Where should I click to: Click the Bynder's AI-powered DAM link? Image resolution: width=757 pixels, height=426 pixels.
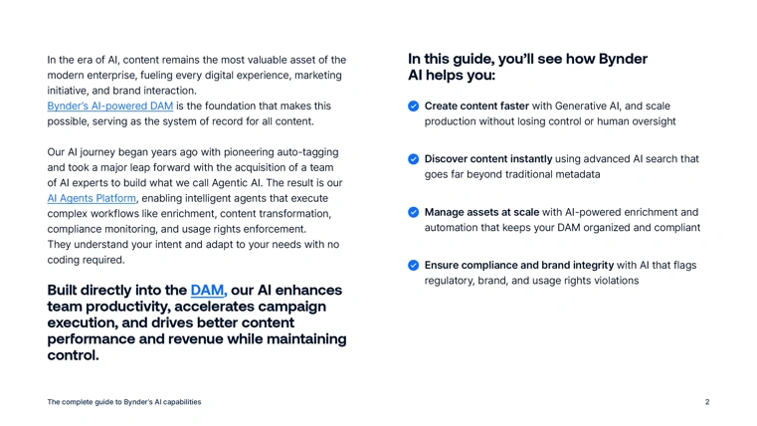click(110, 106)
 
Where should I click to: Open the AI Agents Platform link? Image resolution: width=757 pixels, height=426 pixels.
click(92, 198)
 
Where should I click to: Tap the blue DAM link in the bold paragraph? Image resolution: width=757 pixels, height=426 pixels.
click(209, 290)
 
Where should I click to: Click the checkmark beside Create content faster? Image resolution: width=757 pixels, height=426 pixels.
click(413, 106)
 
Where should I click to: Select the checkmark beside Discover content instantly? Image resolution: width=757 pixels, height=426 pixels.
click(413, 159)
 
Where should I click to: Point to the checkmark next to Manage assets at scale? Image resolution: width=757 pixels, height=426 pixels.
click(413, 212)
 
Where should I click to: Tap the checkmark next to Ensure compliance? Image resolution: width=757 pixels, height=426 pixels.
click(413, 265)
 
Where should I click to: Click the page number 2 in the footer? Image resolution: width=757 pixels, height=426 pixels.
click(707, 402)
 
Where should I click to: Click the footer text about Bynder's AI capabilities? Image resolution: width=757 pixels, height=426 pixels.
click(124, 402)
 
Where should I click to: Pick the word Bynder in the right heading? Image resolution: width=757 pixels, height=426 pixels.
click(623, 59)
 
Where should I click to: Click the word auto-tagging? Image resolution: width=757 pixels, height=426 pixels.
click(307, 152)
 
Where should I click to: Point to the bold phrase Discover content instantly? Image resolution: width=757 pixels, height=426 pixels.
click(488, 159)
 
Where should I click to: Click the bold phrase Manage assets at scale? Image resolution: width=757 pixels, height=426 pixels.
click(481, 212)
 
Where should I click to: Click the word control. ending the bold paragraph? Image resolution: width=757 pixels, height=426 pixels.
click(73, 355)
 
